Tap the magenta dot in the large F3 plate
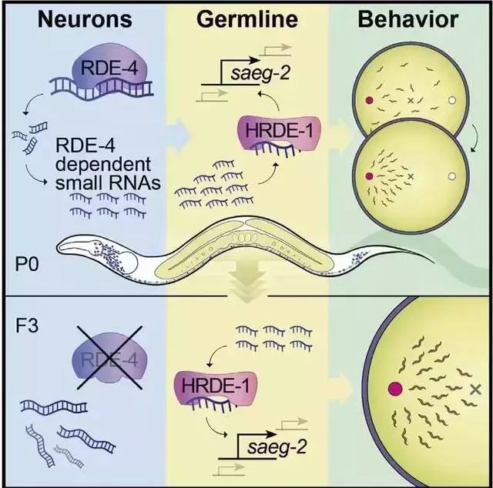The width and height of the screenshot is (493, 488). pyautogui.click(x=397, y=389)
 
